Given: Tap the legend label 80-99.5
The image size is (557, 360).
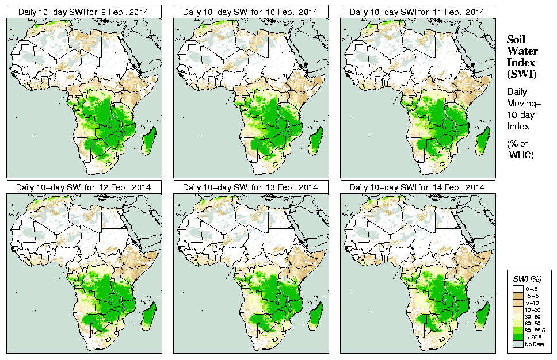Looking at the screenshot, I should pos(534,330).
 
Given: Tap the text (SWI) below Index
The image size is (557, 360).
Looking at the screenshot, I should pos(520,74).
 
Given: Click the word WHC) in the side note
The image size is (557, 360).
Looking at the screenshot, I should pos(522,155).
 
